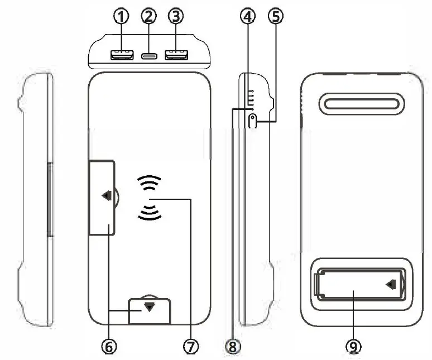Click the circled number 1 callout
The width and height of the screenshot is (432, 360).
121,17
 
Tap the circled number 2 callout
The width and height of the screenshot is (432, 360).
148,16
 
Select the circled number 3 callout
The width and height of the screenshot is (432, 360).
176,17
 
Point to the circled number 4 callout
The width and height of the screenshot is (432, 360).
248,17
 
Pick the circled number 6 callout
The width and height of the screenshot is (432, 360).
109,347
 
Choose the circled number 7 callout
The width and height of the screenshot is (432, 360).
191,347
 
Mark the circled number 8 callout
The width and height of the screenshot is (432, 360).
233,347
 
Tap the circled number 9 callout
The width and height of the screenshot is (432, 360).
353,347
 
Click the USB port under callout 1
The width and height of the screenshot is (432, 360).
121,55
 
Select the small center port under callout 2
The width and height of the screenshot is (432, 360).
148,56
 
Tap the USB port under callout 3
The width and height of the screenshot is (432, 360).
176,55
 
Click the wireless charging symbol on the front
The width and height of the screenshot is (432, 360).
149,199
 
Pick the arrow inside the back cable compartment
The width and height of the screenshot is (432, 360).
392,285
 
